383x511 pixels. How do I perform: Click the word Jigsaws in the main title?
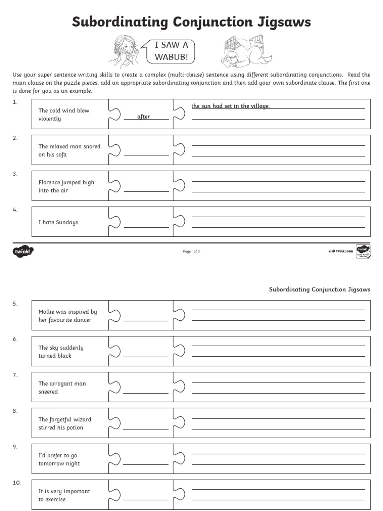(x=282, y=22)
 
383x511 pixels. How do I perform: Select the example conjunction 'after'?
(x=144, y=117)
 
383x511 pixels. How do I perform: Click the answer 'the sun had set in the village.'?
(x=230, y=106)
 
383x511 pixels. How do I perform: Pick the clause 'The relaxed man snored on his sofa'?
(x=69, y=151)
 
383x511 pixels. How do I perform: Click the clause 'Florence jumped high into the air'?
(x=66, y=187)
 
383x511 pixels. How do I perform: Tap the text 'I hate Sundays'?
(x=58, y=222)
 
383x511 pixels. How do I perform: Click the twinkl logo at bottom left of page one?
(x=23, y=251)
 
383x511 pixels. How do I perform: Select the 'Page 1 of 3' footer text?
(x=191, y=251)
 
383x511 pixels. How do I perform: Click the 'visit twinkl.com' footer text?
(x=337, y=251)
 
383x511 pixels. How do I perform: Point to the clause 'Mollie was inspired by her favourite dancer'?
(x=68, y=316)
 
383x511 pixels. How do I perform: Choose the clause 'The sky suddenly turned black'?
(x=61, y=352)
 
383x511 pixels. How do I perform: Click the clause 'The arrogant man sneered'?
(x=62, y=388)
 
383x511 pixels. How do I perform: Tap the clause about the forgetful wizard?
(x=65, y=424)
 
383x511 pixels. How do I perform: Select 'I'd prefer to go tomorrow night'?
(x=59, y=460)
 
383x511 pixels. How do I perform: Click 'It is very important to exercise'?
(x=64, y=495)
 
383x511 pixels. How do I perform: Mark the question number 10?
(x=17, y=483)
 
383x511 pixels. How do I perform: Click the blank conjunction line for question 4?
(x=146, y=227)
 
